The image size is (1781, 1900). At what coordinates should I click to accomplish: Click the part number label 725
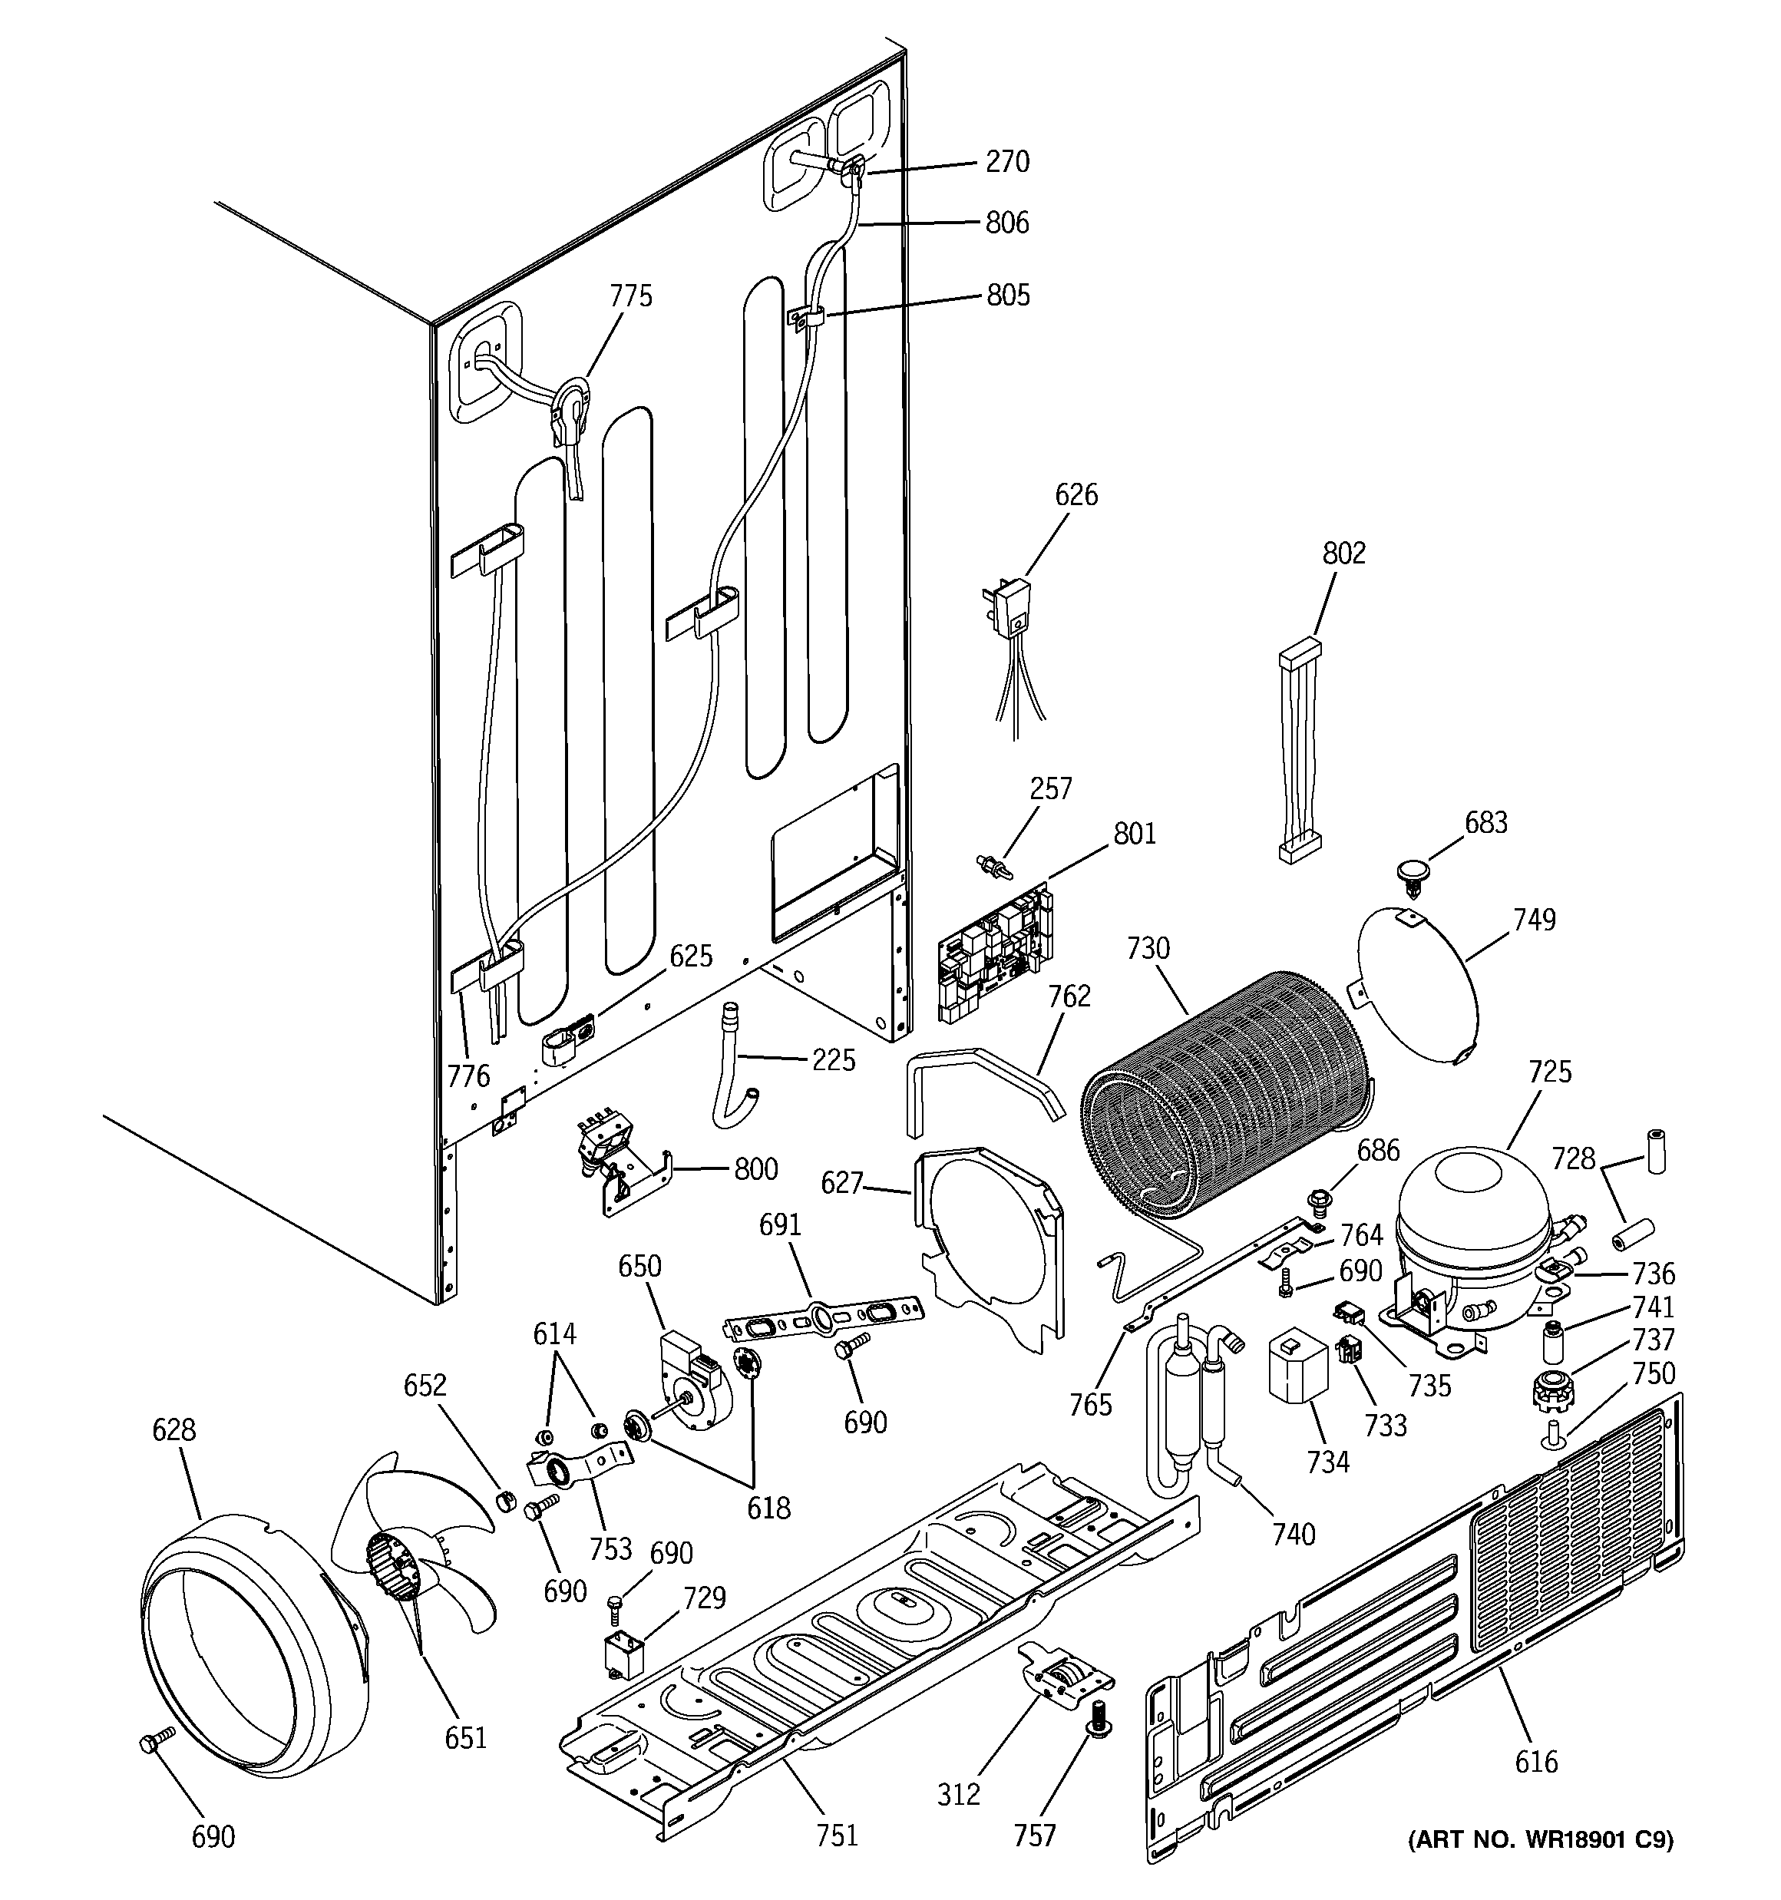pos(1550,1072)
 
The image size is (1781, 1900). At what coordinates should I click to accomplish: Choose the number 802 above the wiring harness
pos(1344,553)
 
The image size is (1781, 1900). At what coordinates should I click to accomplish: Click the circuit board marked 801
pos(994,956)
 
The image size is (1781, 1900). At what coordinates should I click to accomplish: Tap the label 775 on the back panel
pos(631,296)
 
